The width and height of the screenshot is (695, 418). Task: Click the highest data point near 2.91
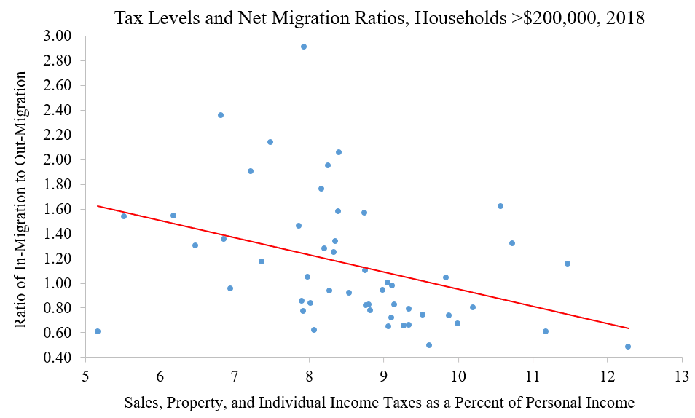(x=304, y=47)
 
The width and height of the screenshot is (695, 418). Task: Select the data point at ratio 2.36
(x=221, y=115)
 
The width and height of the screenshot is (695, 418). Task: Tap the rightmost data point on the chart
(x=627, y=347)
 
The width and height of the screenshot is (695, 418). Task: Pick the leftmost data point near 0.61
(x=98, y=331)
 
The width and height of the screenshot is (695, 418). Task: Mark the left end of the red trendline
(x=98, y=206)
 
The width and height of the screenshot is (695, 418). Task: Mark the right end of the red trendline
(x=628, y=328)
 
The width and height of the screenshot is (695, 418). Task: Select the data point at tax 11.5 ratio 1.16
(x=568, y=264)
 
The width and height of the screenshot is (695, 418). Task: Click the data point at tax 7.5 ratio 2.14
(x=270, y=142)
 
